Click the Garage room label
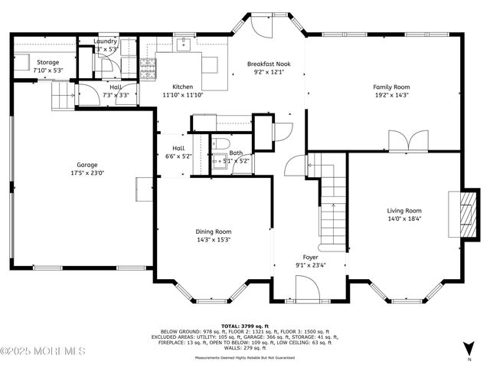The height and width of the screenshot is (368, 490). click(87, 165)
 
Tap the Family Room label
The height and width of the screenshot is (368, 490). click(391, 87)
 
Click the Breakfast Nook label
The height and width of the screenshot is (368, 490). click(269, 64)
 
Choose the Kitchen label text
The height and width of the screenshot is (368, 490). click(182, 87)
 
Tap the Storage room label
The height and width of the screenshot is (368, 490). click(47, 61)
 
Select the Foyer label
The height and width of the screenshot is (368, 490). click(310, 257)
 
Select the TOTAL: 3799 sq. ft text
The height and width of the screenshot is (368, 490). click(244, 325)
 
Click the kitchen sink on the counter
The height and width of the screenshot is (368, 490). click(185, 45)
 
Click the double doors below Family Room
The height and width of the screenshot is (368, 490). click(403, 142)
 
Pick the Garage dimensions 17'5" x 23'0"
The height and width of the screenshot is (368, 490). click(87, 173)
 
